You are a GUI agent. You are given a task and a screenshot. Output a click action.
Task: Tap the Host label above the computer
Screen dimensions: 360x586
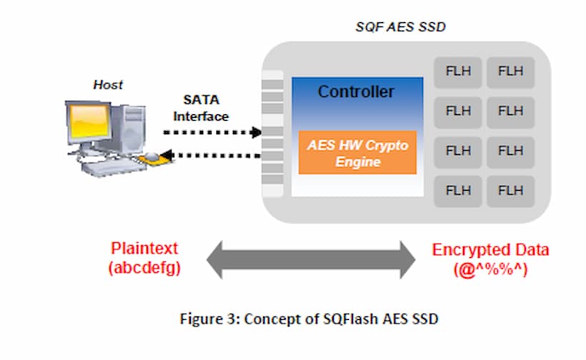point(108,84)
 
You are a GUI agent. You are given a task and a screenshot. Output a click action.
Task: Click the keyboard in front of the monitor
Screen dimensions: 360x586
point(111,167)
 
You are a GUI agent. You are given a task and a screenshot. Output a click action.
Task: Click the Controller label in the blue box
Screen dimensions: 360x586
point(356,91)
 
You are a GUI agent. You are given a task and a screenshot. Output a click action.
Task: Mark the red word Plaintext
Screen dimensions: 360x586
point(144,249)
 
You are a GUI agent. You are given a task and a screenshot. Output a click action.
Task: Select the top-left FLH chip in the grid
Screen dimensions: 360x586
point(458,71)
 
